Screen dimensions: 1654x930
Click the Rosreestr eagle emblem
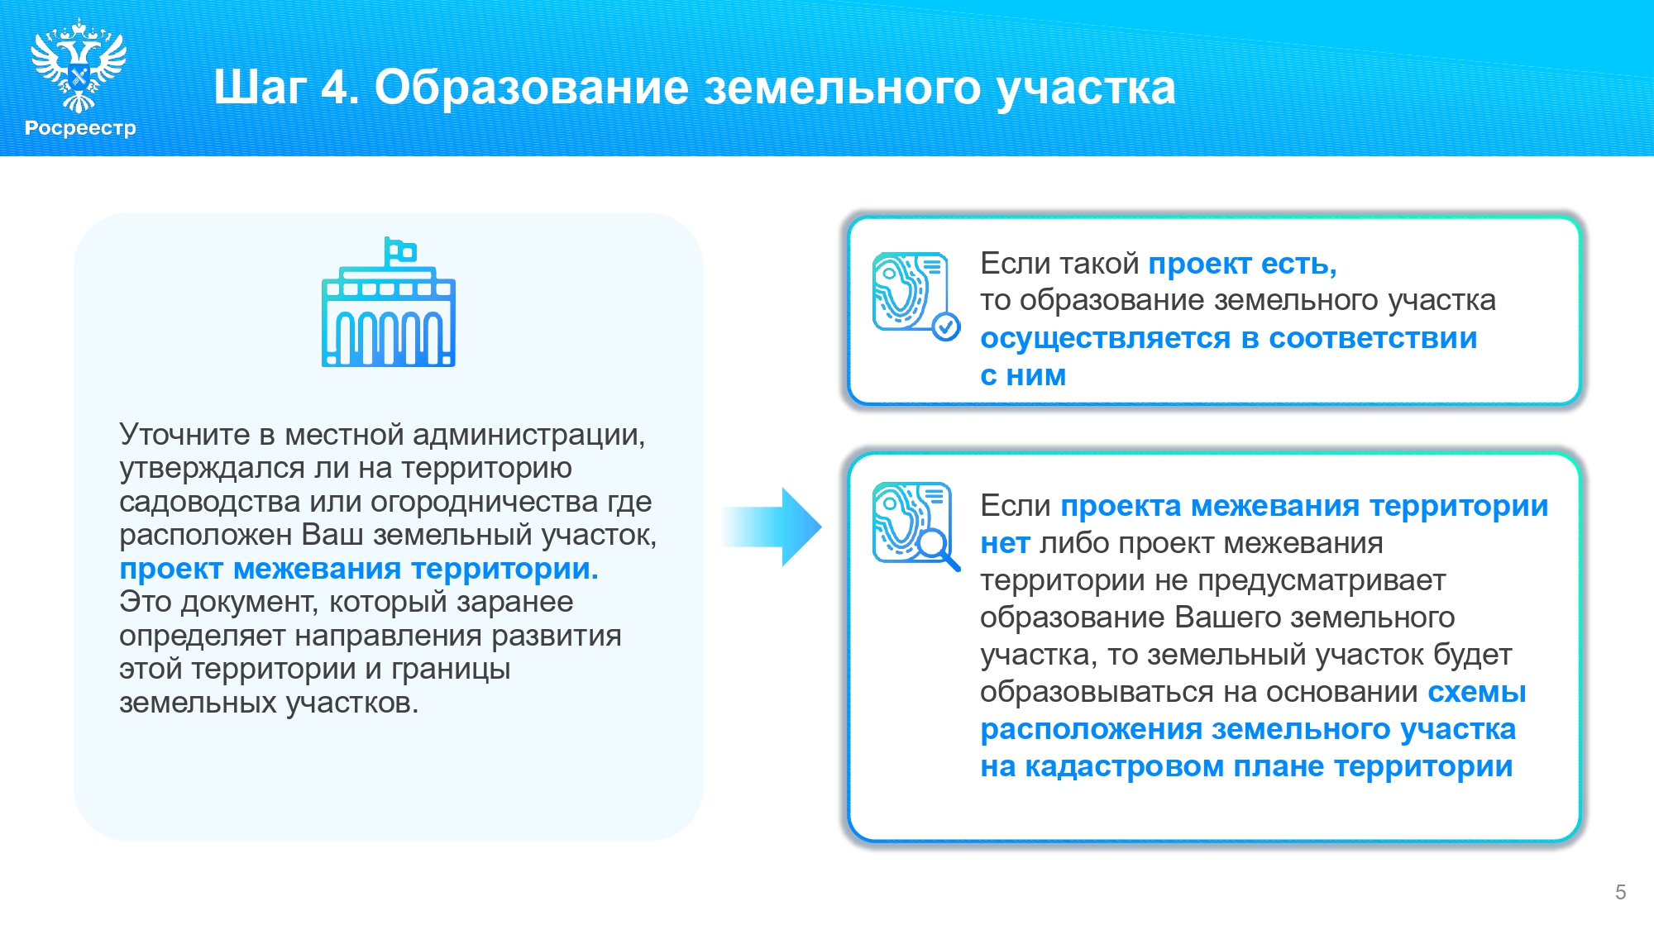[x=79, y=66]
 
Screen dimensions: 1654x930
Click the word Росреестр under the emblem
[x=80, y=128]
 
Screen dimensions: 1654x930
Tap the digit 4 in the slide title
[x=334, y=87]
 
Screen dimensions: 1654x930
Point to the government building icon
[x=389, y=303]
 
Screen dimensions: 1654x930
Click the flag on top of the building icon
[x=401, y=250]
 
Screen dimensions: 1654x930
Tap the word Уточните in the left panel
[x=184, y=434]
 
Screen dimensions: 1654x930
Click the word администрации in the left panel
[x=528, y=436]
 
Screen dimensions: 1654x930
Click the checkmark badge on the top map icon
[x=946, y=327]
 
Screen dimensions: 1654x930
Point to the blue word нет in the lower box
[x=1005, y=544]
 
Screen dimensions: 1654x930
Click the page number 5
[x=1620, y=892]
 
